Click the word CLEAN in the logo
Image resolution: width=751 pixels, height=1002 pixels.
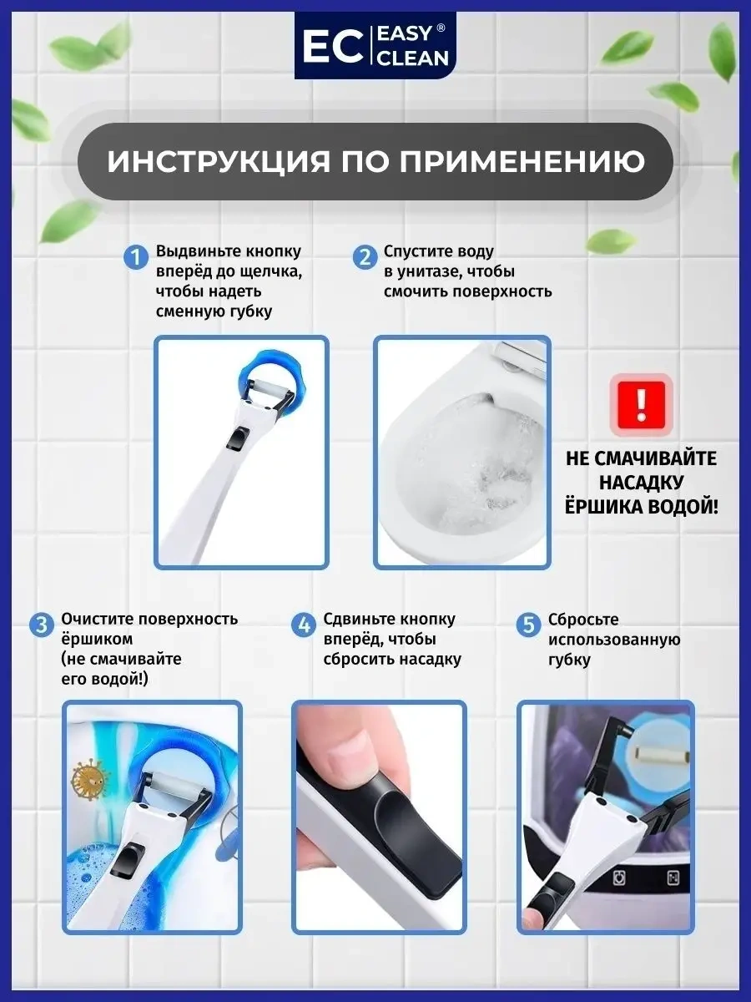pos(414,58)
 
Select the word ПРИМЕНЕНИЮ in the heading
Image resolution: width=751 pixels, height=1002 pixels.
pos(522,161)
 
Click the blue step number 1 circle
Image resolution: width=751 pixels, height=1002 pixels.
pos(136,256)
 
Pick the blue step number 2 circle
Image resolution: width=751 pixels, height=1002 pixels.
pos(365,256)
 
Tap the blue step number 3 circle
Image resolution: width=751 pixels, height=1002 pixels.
pos(41,625)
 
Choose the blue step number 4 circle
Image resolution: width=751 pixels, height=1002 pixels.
pos(304,625)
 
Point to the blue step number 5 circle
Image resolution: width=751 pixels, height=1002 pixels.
pos(527,625)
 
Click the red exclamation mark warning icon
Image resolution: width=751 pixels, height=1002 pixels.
pos(640,404)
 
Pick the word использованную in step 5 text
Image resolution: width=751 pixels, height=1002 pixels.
pos(613,640)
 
